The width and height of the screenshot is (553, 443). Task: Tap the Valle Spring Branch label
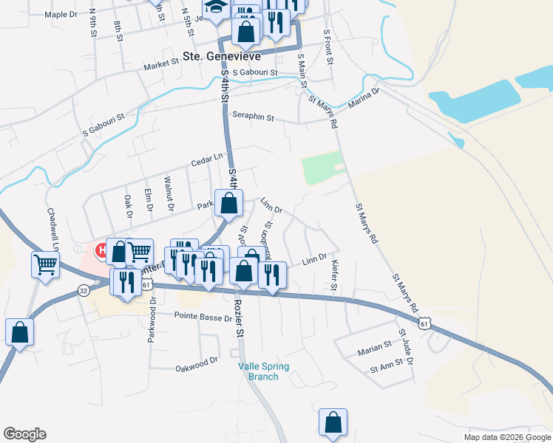click(263, 371)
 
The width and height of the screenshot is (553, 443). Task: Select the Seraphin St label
click(254, 117)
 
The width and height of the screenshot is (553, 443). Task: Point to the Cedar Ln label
click(206, 159)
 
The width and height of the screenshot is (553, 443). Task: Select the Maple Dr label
click(61, 14)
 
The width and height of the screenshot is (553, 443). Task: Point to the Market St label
click(162, 64)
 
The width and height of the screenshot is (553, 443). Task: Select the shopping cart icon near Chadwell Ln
click(45, 264)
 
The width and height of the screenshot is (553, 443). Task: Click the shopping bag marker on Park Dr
click(228, 203)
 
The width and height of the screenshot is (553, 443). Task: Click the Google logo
click(24, 434)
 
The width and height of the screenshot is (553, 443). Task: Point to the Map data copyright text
click(506, 437)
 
